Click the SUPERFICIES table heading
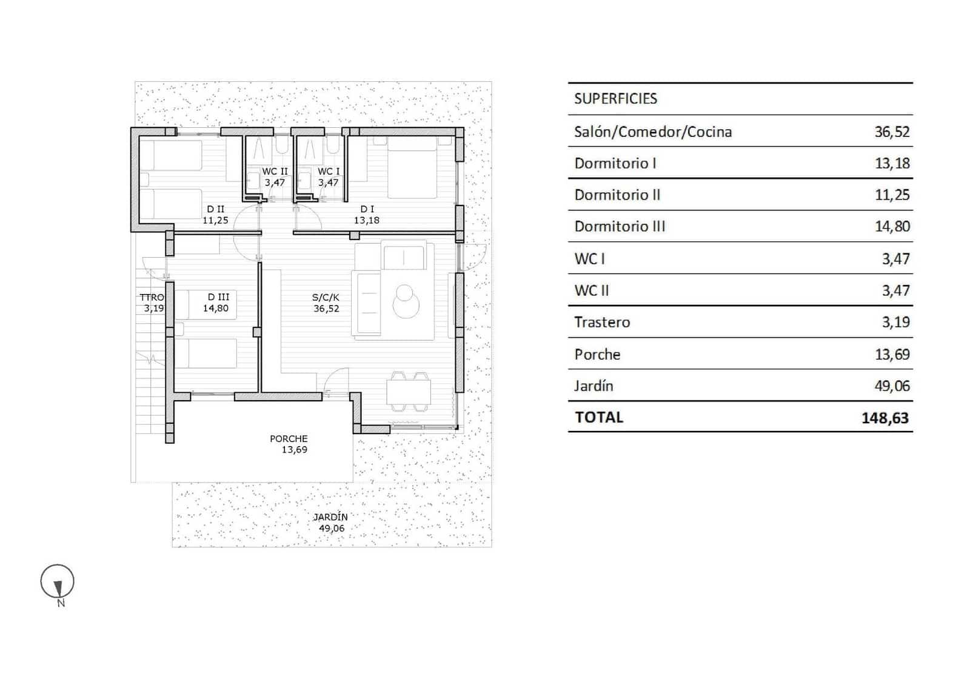[x=615, y=99]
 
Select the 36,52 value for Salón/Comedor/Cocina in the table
[x=892, y=132]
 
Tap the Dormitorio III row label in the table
[x=620, y=227]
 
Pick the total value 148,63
[x=885, y=418]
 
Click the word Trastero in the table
[x=602, y=322]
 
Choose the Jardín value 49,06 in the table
[x=892, y=386]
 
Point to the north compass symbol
[x=58, y=583]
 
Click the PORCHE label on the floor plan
[x=289, y=439]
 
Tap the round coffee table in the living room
[x=405, y=301]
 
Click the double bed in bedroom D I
[x=412, y=167]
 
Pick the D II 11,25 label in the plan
[x=215, y=215]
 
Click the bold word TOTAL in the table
[x=599, y=418]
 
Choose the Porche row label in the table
[x=597, y=355]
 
